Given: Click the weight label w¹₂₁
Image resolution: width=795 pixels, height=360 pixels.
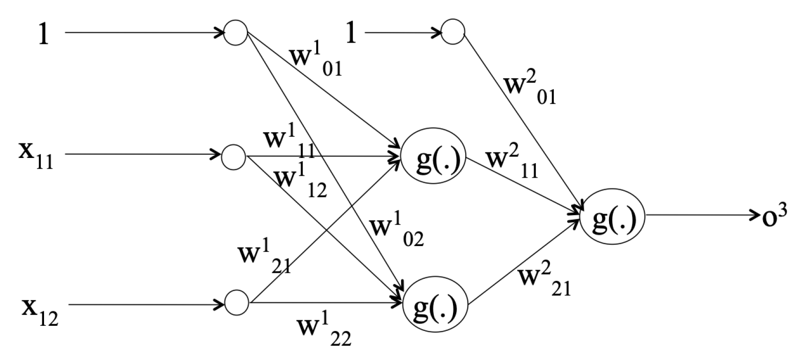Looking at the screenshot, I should [x=264, y=258].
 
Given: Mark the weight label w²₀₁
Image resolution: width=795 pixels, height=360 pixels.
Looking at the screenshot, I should [x=530, y=89].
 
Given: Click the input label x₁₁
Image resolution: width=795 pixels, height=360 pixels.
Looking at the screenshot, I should [x=36, y=155].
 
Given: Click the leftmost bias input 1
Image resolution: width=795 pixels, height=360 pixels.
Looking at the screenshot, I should [x=43, y=34].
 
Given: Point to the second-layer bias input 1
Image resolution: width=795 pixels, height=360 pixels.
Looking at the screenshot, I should [x=351, y=33].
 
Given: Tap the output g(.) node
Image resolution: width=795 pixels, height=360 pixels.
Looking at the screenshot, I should [x=612, y=217].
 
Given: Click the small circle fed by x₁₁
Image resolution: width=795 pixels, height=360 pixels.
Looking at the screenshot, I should [x=233, y=157].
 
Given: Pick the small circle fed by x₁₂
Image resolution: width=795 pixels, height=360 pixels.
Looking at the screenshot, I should [x=237, y=302].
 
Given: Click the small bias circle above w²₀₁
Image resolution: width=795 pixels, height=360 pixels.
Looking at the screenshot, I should [x=453, y=32].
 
